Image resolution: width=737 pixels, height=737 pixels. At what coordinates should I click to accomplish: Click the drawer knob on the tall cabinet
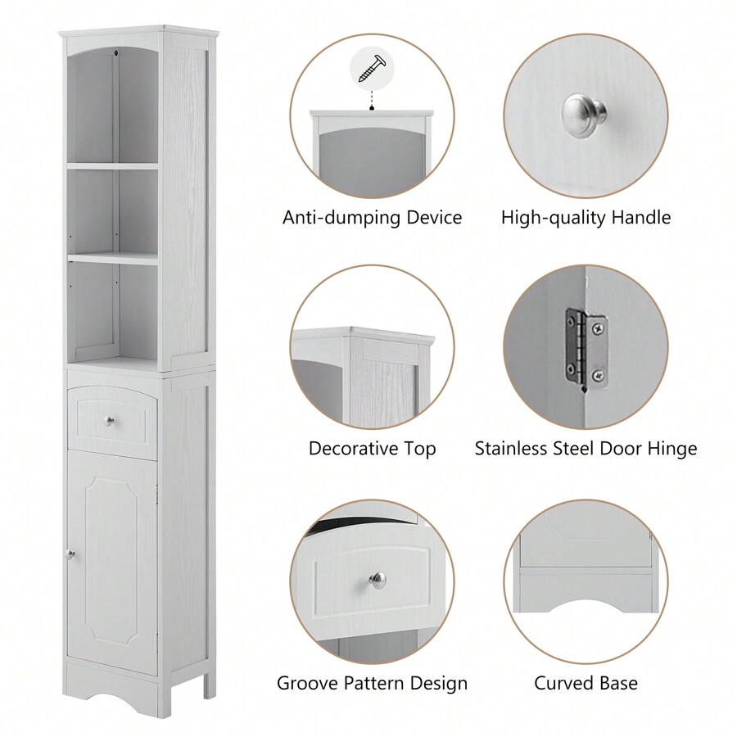click(x=110, y=421)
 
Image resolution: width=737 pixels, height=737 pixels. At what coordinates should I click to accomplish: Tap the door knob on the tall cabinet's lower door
click(x=70, y=554)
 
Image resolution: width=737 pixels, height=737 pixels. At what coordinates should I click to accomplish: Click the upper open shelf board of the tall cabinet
click(x=112, y=166)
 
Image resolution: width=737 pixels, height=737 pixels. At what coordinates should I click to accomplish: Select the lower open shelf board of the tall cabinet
click(x=112, y=257)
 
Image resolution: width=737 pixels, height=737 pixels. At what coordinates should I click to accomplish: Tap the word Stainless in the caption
click(x=512, y=449)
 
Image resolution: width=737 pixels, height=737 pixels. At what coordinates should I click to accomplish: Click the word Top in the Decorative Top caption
click(x=420, y=449)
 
